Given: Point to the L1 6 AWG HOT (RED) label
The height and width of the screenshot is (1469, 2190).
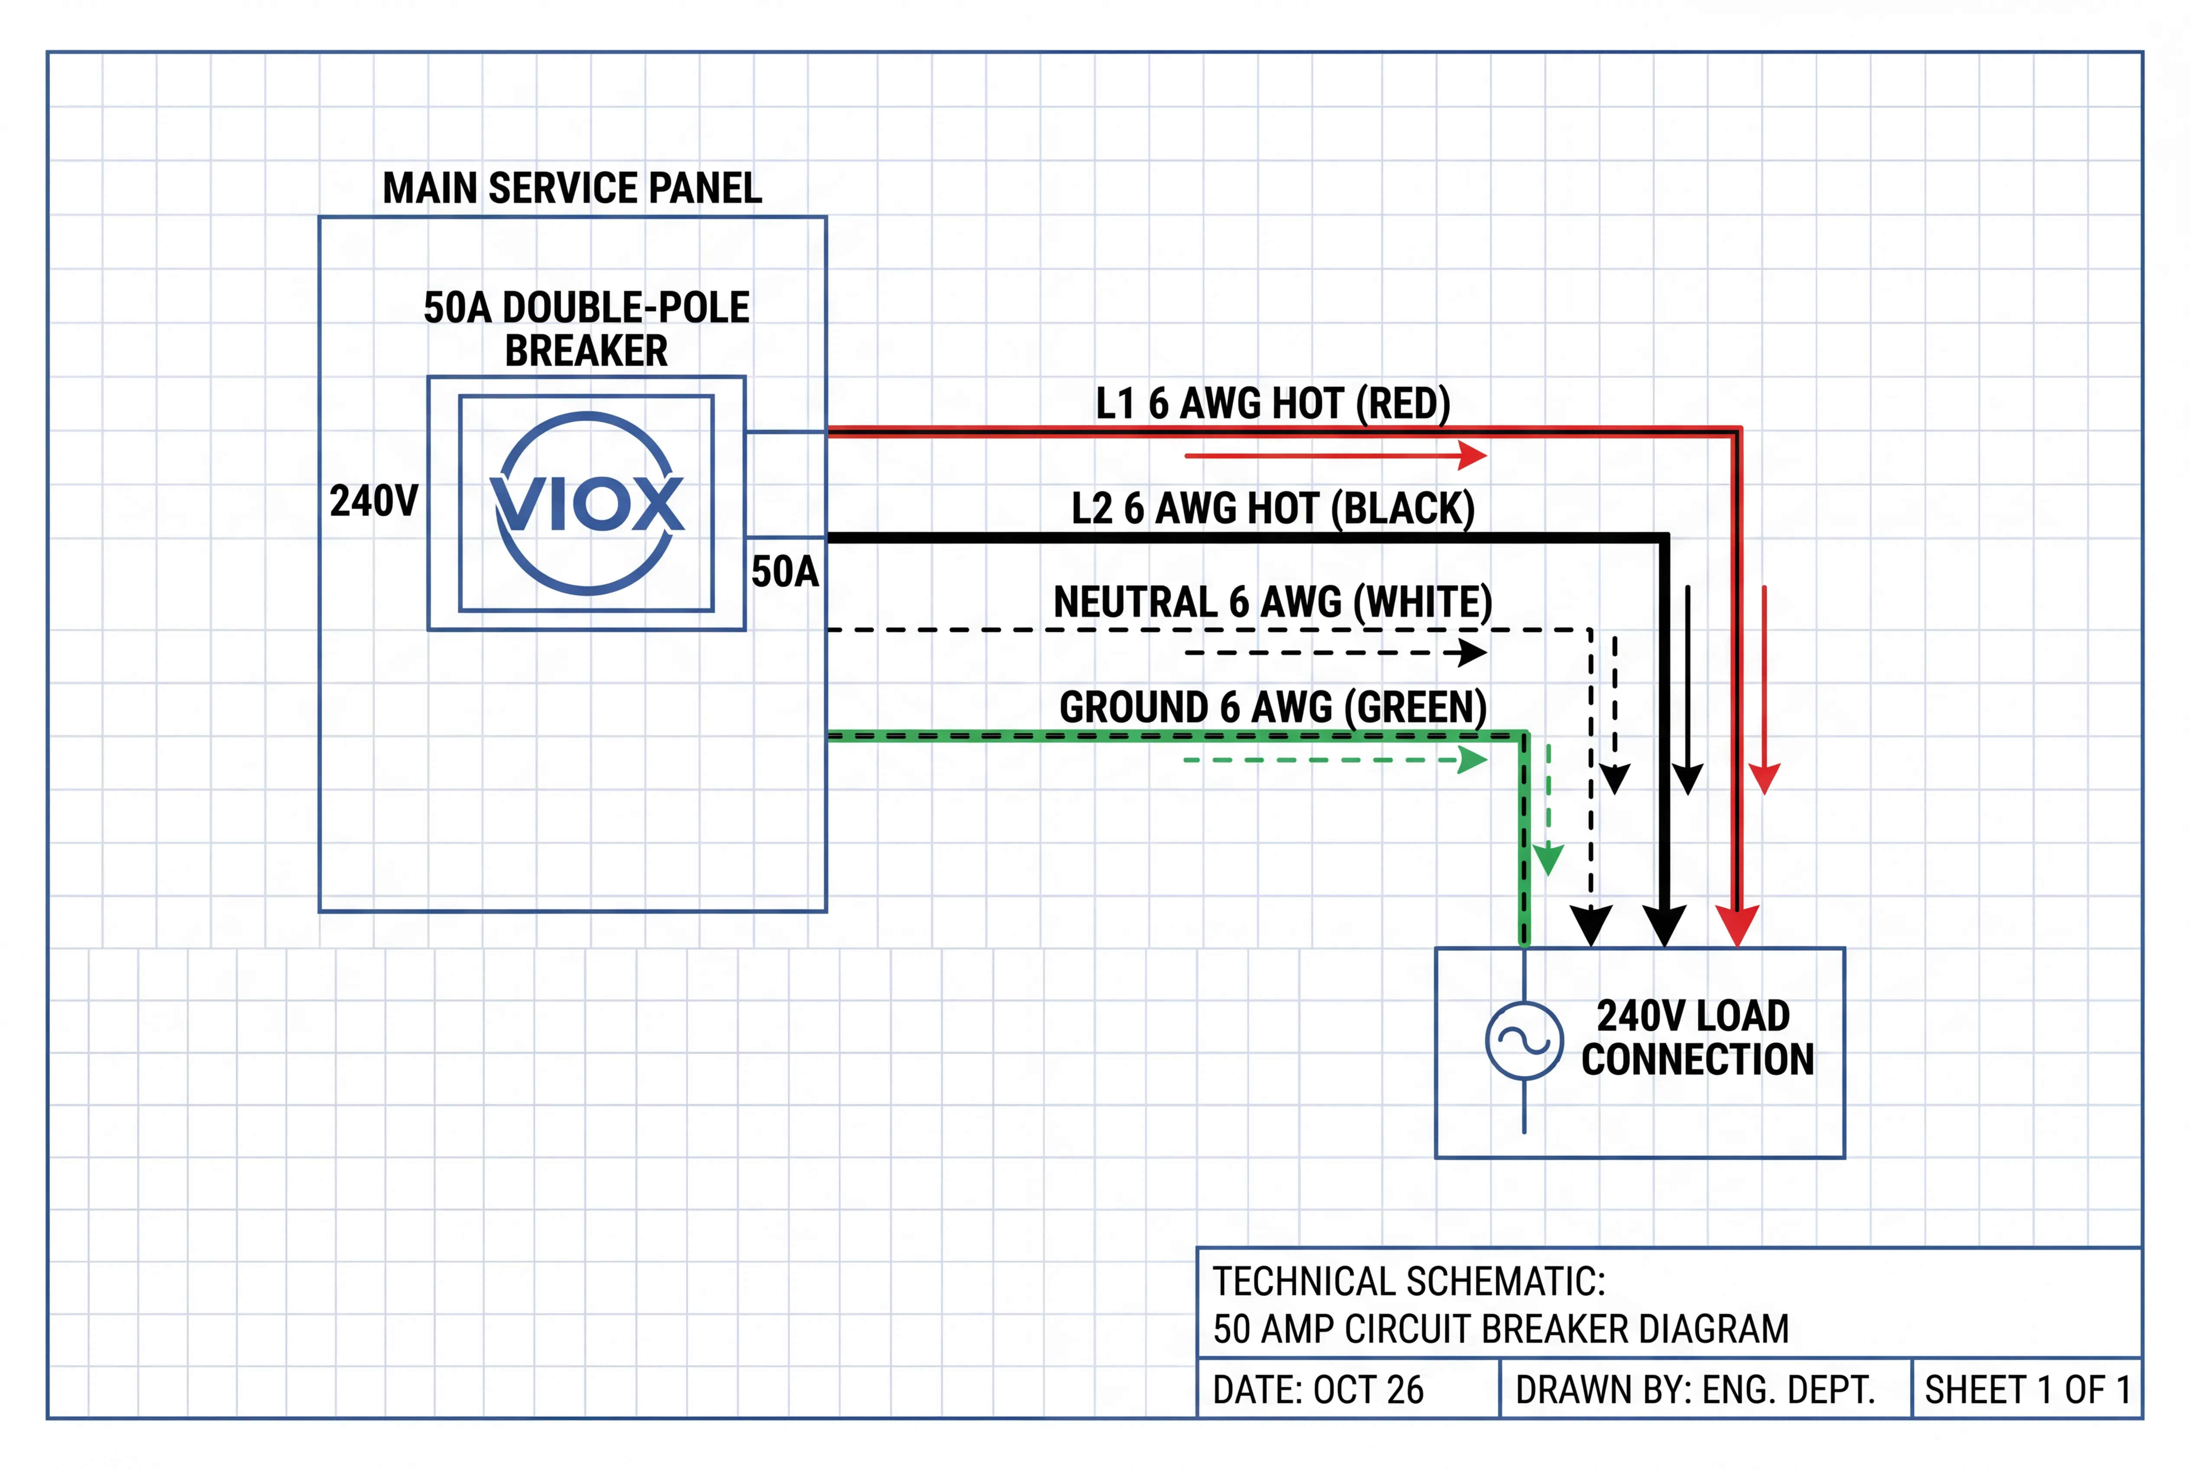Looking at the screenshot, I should [x=1273, y=404].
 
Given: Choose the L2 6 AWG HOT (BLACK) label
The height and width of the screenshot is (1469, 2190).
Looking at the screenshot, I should [x=1273, y=509].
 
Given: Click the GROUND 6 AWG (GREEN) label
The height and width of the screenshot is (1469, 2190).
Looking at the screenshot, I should [x=1273, y=707].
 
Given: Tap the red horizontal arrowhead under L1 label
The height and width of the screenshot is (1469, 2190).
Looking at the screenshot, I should [x=1473, y=456].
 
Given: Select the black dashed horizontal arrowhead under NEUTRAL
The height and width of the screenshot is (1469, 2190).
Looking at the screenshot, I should [x=1473, y=653].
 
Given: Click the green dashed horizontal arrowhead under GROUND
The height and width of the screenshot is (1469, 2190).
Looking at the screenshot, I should [x=1473, y=760].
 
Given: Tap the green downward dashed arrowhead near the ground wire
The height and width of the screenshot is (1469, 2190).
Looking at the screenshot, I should [x=1548, y=859].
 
